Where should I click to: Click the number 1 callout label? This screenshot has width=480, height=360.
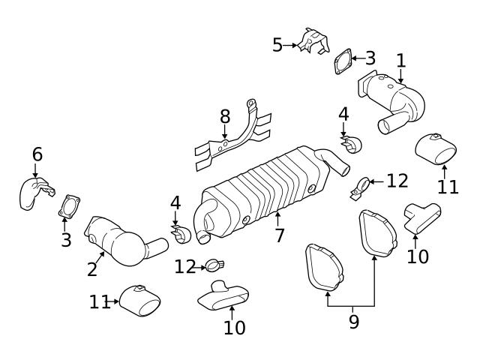[400, 60]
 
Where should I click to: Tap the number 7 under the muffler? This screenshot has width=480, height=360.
[279, 235]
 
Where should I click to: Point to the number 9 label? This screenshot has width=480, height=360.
[353, 322]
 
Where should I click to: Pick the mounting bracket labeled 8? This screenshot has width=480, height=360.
[232, 139]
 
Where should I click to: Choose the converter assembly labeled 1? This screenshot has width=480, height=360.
[397, 101]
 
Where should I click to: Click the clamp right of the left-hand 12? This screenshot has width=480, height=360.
[214, 265]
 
